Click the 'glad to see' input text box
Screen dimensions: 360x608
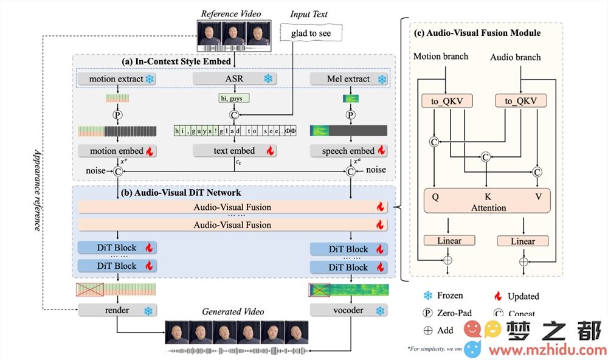pos(311,33)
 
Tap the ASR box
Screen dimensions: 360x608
pos(234,79)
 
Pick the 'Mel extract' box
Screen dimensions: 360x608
pos(349,79)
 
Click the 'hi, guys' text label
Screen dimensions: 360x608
pos(234,97)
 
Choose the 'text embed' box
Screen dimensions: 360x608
pos(234,150)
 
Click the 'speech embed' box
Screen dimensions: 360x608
pos(349,150)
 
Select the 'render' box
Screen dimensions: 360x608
pos(117,310)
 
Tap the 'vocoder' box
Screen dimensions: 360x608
pos(349,310)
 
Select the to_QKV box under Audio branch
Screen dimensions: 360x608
pos(520,101)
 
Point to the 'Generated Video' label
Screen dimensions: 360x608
pos(233,311)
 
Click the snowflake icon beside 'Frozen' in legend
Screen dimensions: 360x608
pos(428,296)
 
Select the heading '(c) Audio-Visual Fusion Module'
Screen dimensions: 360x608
pos(477,32)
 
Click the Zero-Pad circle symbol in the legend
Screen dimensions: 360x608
pos(428,313)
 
